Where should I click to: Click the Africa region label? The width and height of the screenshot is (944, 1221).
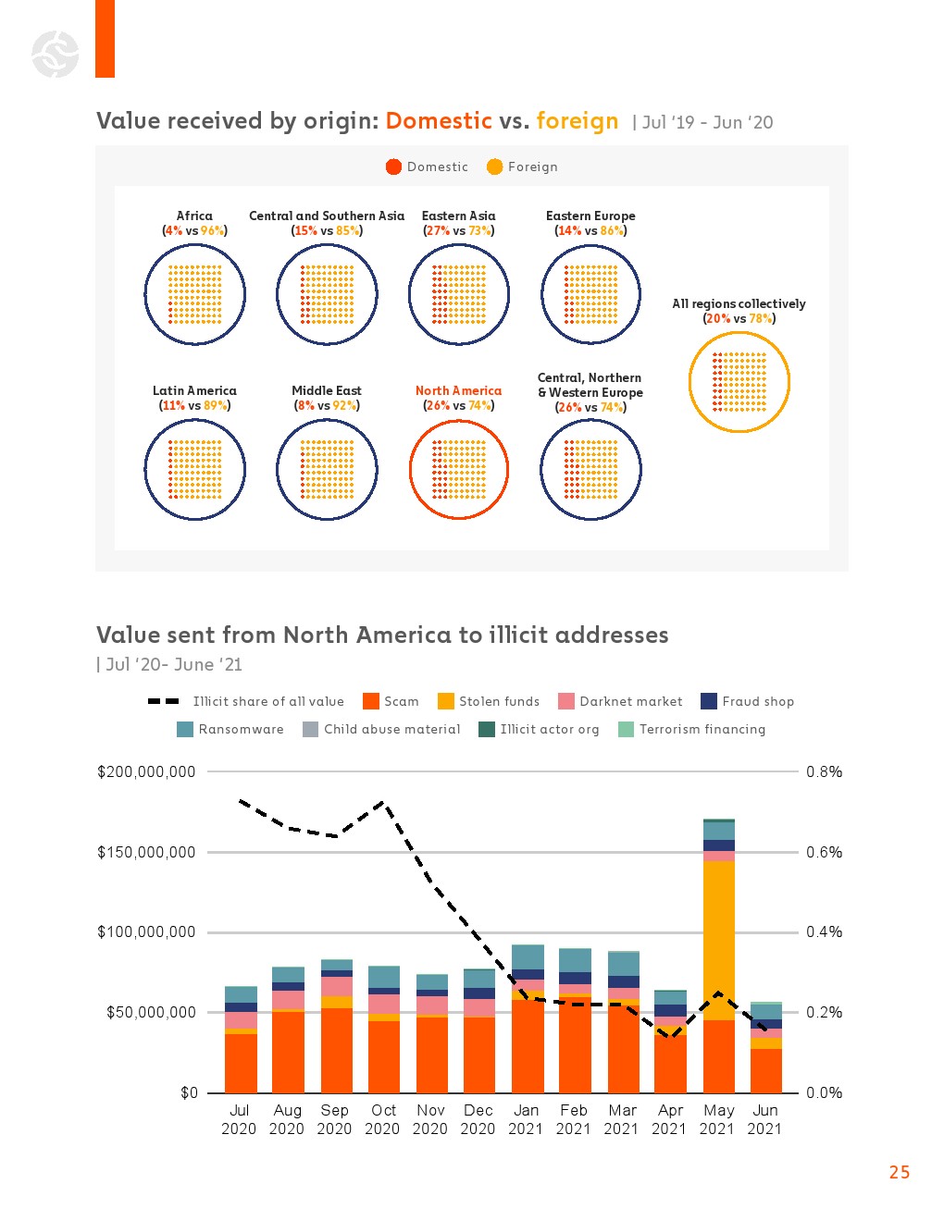coord(194,216)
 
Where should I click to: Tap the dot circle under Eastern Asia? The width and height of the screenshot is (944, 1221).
coord(459,295)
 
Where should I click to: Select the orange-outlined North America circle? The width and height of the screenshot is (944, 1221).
coord(459,470)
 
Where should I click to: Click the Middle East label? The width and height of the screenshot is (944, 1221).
coord(327,391)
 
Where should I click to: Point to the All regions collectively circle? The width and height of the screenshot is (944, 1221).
coord(739,382)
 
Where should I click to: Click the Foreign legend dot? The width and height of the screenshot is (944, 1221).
coord(495,166)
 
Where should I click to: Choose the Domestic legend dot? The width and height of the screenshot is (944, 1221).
coord(393,166)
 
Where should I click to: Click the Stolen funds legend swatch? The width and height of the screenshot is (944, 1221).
coord(446,701)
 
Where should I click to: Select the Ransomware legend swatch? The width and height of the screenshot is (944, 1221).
coord(185,729)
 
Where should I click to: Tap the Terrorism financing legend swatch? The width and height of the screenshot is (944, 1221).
coord(627,729)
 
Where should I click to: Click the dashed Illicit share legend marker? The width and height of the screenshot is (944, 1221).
coord(164,701)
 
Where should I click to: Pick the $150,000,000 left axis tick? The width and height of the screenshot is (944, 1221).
coord(146,852)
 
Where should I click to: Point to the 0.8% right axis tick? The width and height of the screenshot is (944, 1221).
coord(824,771)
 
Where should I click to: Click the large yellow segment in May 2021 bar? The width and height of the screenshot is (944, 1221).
coord(719,939)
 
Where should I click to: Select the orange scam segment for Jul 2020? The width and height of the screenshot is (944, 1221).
coord(241,1063)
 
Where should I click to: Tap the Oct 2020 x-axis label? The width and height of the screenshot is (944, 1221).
coord(383,1119)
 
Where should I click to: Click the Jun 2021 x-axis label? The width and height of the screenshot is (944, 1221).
coord(765,1119)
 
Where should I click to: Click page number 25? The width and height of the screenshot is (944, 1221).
coord(900,1172)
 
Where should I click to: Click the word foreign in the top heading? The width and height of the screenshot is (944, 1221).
coord(577,121)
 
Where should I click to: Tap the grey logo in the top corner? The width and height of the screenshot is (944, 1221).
coord(55,54)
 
